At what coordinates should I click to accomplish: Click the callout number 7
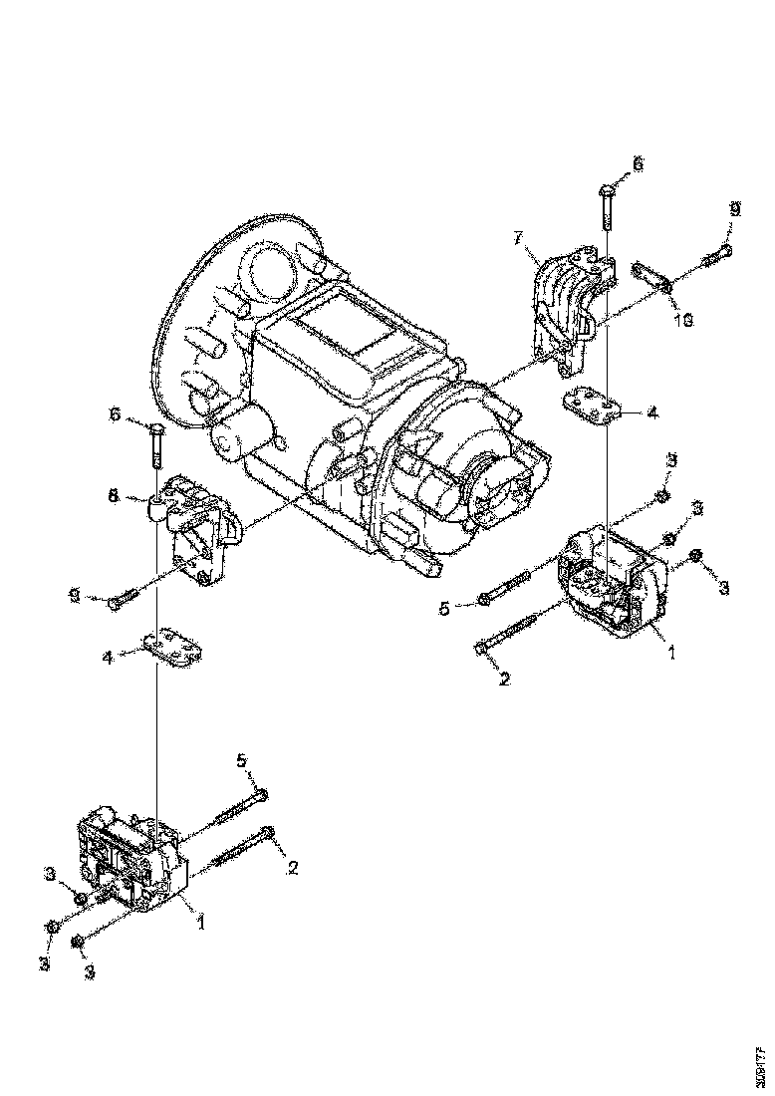(x=518, y=237)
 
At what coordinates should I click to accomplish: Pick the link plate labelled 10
(x=651, y=276)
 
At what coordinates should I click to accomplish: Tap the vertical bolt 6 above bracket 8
(x=155, y=445)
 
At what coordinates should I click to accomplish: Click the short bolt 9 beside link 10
(x=715, y=256)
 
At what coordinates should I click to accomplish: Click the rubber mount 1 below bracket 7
(x=610, y=583)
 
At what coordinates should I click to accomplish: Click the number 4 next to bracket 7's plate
(x=651, y=411)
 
